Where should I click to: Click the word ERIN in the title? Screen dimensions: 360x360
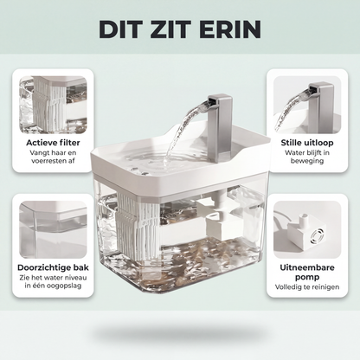point(229,29)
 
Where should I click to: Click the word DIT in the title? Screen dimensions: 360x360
point(118,29)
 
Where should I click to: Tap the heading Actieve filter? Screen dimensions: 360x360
point(53,143)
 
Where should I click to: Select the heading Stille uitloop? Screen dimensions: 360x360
point(307,143)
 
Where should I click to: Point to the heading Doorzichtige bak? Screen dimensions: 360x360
point(53,267)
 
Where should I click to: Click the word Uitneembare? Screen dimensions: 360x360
point(307,267)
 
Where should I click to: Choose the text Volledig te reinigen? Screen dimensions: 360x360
point(307,287)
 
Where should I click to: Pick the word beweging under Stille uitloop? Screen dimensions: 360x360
point(307,161)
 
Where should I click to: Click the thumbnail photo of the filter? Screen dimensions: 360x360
point(53,105)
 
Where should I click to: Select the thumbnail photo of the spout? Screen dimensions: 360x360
point(307,105)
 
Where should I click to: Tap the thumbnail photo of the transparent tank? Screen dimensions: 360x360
point(53,229)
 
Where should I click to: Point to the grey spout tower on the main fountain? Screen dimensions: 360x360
point(220,127)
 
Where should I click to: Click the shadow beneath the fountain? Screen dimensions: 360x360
point(180,334)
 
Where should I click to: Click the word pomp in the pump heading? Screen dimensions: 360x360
point(307,277)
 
